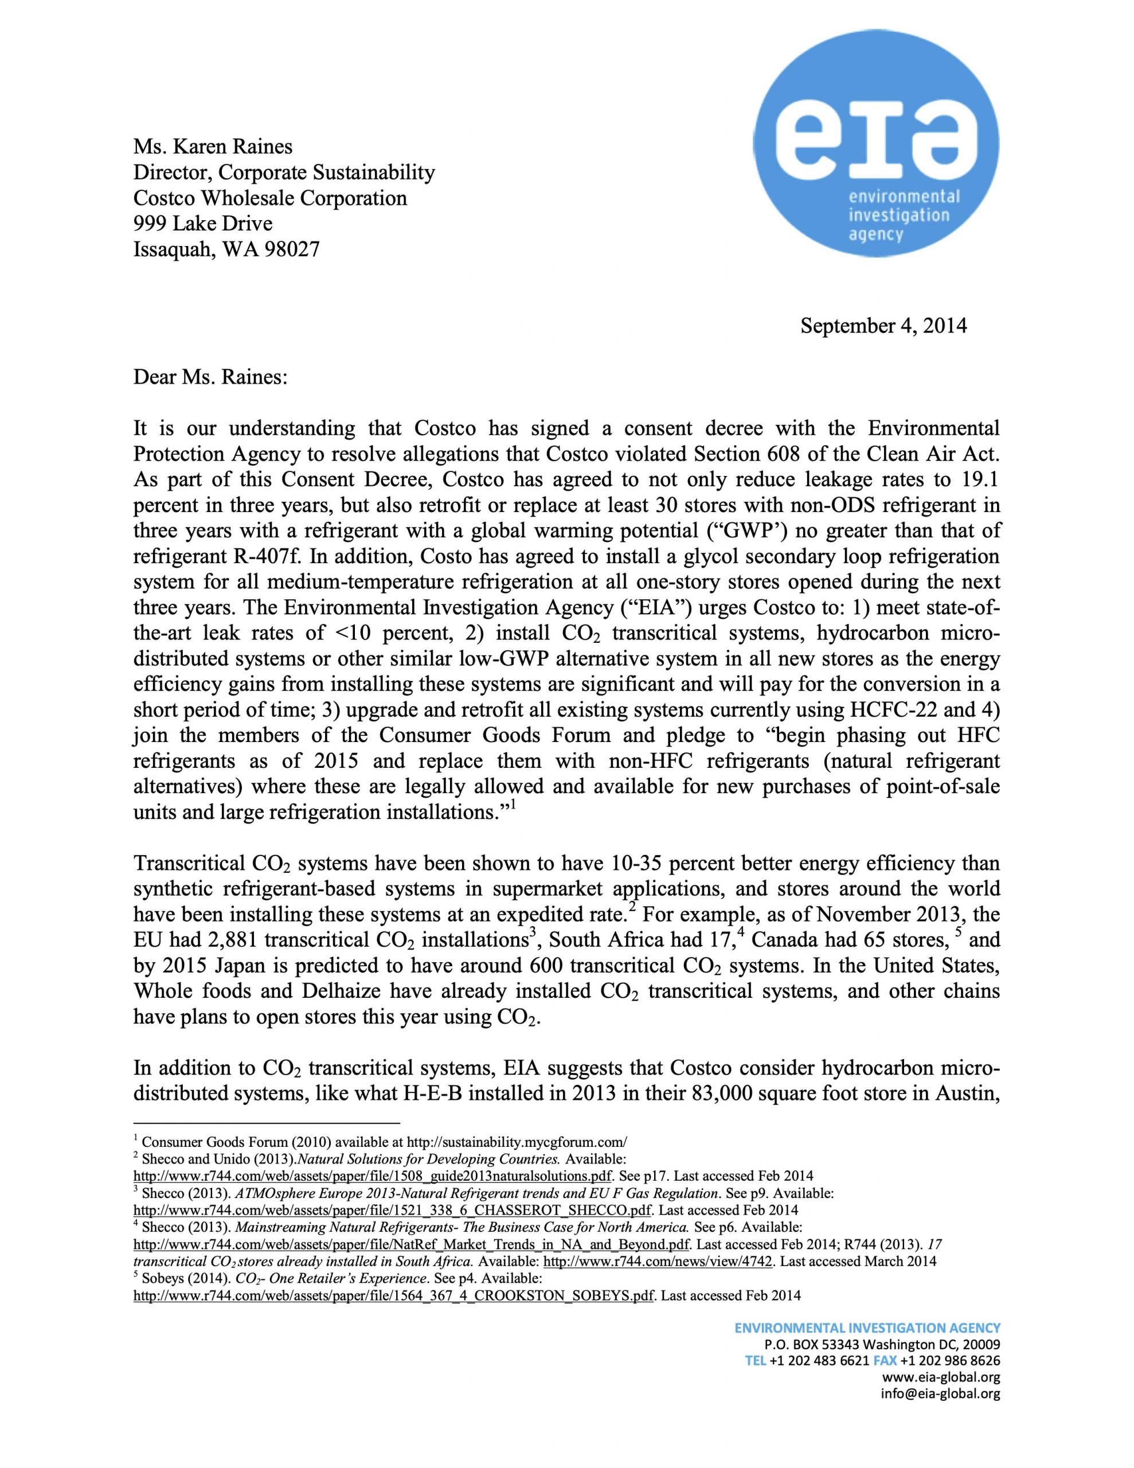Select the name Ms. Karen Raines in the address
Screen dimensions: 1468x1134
pyautogui.click(x=213, y=147)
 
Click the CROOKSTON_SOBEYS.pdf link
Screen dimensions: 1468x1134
pyautogui.click(x=393, y=1295)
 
